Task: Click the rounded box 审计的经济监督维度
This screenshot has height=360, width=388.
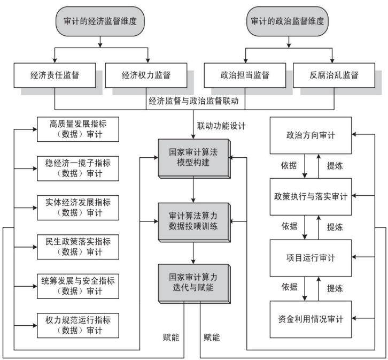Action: point(100,21)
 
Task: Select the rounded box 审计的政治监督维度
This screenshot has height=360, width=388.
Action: point(288,21)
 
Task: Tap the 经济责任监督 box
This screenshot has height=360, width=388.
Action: point(55,75)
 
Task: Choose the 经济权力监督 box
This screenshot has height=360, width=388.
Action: point(146,75)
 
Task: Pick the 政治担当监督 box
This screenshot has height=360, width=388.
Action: point(245,75)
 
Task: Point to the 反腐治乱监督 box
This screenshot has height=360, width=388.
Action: point(334,75)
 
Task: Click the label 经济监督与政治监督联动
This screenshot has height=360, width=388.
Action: point(193,101)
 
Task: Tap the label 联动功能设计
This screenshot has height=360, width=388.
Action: point(221,126)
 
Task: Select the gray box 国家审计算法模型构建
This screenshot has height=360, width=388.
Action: point(194,158)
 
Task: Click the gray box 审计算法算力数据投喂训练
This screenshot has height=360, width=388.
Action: point(194,222)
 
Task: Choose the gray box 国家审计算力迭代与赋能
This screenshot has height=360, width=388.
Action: point(194,284)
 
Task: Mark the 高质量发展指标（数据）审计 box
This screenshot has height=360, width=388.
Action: point(78,129)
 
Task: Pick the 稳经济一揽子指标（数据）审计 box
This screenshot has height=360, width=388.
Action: point(78,168)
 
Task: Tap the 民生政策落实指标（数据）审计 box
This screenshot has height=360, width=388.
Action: point(78,247)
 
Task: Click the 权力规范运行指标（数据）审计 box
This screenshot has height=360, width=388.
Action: point(78,325)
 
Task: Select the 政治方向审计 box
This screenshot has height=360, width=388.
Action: point(311,135)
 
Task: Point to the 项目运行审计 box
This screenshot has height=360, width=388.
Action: point(311,258)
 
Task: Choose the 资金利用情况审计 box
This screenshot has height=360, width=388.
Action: point(311,319)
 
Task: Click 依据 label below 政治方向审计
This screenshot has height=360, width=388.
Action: point(289,165)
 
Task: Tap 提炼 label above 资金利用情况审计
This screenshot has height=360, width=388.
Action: point(335,288)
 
